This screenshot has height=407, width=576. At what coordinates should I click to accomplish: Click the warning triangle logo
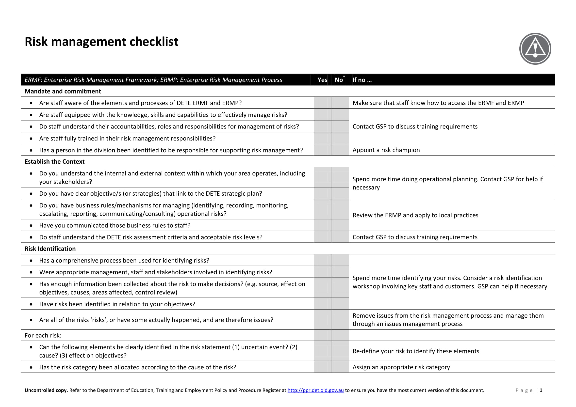(535, 49)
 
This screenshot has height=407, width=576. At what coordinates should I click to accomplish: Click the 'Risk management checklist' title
(101, 42)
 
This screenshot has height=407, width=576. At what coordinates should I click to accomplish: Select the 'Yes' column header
(322, 80)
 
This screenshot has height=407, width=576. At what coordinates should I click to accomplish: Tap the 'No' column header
(339, 80)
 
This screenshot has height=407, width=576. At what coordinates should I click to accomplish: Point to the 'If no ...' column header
(362, 80)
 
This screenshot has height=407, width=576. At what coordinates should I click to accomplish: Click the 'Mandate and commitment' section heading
(63, 91)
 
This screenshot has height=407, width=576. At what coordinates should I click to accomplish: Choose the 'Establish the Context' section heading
(54, 162)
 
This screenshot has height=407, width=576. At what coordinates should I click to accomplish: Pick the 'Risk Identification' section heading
(50, 249)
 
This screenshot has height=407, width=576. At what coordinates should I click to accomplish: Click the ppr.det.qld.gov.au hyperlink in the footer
(315, 390)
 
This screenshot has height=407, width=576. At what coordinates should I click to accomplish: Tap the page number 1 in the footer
(541, 390)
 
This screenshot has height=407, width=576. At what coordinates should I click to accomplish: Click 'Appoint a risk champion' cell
(386, 150)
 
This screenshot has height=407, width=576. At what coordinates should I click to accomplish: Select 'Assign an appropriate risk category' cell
(401, 367)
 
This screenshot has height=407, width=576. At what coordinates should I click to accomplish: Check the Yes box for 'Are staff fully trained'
(322, 138)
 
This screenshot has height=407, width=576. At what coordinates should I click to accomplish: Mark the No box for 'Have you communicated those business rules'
(340, 225)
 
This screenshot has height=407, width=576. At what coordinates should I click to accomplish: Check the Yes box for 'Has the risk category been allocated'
(322, 367)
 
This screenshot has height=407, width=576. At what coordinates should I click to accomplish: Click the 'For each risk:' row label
(43, 335)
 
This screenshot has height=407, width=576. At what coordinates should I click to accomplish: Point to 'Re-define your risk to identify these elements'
(416, 351)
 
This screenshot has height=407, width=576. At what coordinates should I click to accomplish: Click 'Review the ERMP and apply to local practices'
(415, 215)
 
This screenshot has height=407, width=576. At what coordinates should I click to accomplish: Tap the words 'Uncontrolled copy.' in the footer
(46, 390)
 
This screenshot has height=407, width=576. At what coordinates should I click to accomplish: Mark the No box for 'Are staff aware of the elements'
(340, 103)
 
